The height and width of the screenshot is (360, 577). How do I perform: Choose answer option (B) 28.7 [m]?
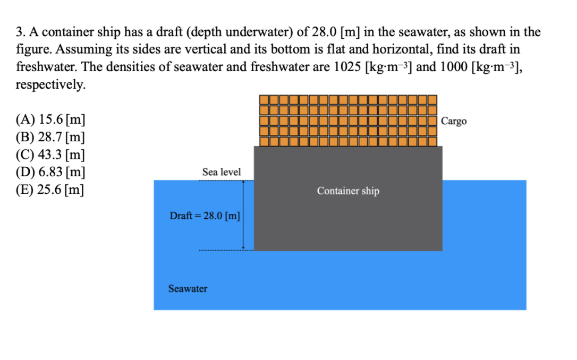click(x=51, y=138)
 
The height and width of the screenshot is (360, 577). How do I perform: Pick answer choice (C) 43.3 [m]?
click(x=51, y=155)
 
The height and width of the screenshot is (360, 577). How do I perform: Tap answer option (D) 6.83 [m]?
click(x=51, y=172)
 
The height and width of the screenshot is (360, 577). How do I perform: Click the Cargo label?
click(x=454, y=121)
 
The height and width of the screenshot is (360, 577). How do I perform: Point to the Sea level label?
click(x=221, y=172)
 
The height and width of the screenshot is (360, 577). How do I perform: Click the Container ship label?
click(x=348, y=191)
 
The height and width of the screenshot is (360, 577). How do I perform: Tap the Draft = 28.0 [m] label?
click(x=205, y=216)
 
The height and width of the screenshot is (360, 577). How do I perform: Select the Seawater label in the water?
click(x=188, y=289)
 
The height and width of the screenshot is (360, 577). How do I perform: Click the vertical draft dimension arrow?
click(x=243, y=215)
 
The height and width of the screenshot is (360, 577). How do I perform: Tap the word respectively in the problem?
click(x=49, y=84)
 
